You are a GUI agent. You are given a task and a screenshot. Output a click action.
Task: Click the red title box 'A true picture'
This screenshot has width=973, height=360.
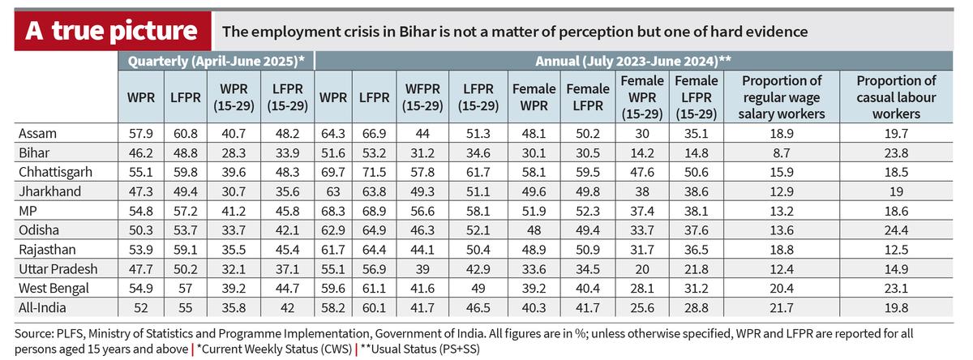tap(111, 31)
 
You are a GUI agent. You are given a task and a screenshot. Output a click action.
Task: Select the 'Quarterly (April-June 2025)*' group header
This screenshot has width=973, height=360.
tap(212, 61)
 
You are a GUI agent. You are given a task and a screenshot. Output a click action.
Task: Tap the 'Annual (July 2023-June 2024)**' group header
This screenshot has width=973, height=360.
tap(634, 61)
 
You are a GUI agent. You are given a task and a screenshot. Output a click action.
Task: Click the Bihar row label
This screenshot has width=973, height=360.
tap(34, 151)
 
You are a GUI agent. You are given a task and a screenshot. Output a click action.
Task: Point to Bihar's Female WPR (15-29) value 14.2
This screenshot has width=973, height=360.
tap(642, 151)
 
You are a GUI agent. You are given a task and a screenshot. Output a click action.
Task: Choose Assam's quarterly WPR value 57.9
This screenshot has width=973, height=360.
tap(135, 133)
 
